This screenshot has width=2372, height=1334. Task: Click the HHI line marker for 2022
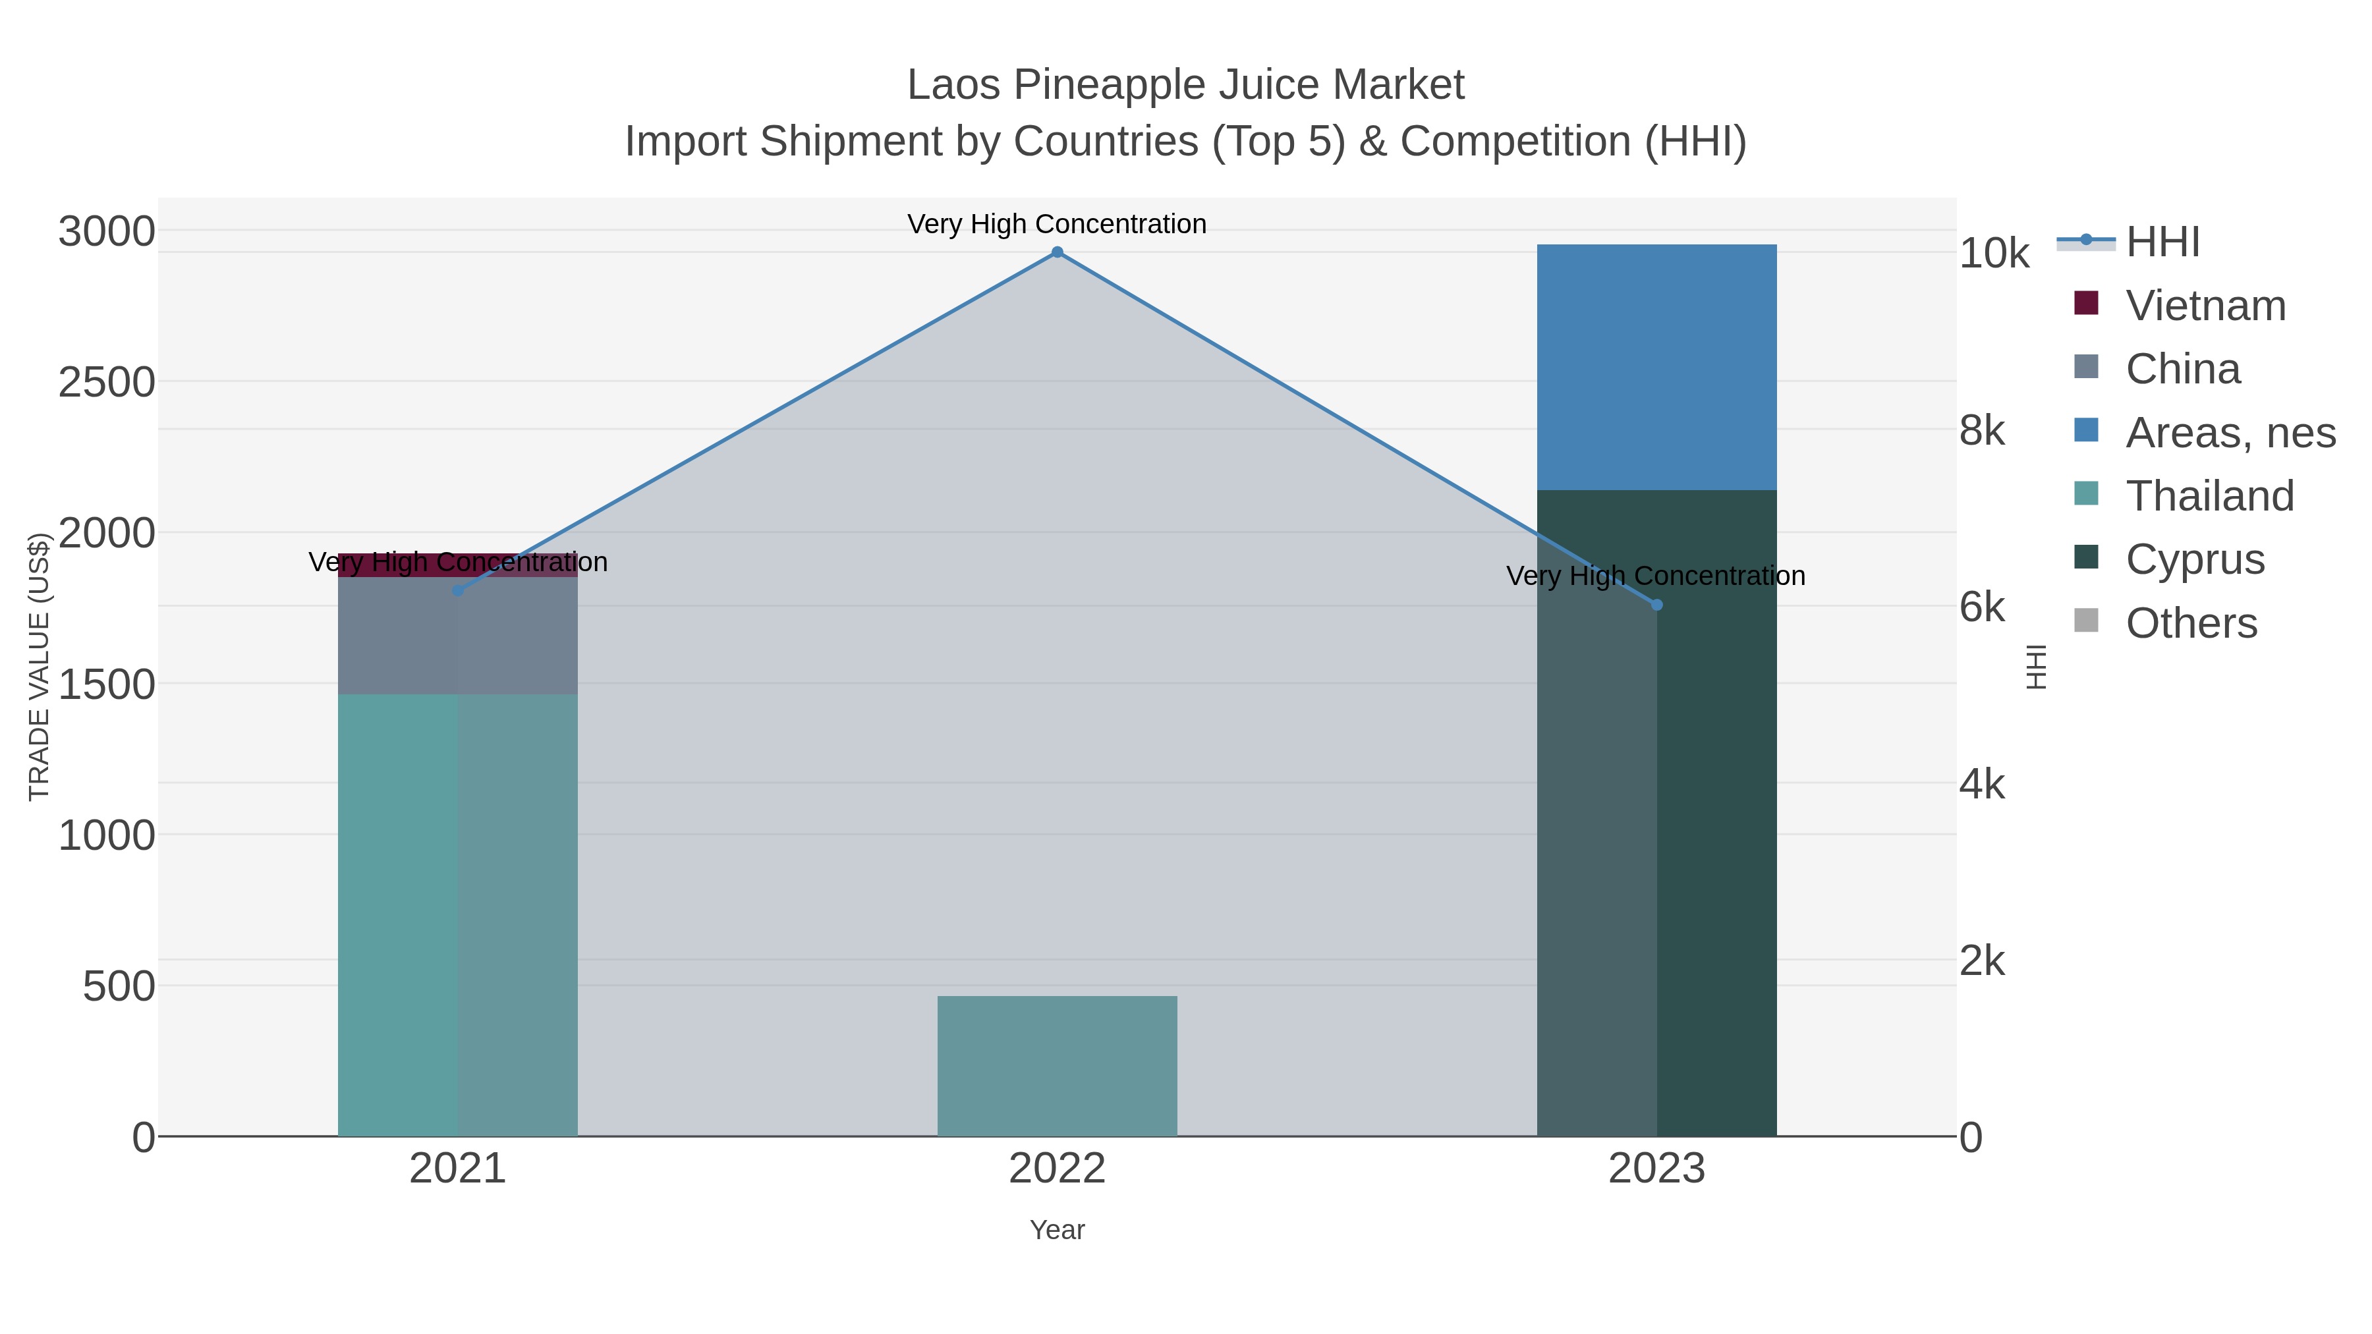click(1057, 252)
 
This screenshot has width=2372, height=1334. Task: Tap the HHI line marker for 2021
click(458, 590)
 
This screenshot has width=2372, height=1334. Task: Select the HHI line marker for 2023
click(1656, 605)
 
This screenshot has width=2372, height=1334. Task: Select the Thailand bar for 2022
click(1057, 1066)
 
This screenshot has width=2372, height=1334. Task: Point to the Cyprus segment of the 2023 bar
click(1656, 829)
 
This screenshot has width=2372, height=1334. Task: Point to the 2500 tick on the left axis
click(107, 382)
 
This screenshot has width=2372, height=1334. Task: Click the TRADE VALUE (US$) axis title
click(39, 667)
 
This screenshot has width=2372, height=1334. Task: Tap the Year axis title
click(1057, 1230)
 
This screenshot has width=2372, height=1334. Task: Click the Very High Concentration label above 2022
click(1057, 224)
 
